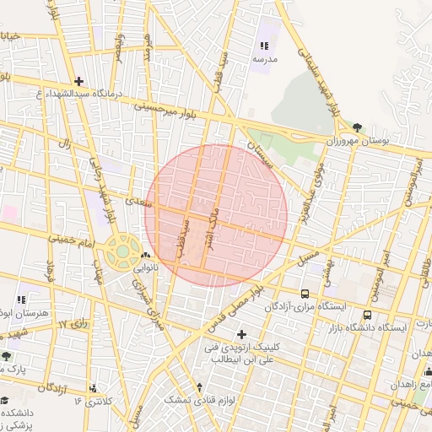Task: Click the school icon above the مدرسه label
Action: [264, 46]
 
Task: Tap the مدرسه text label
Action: [264, 60]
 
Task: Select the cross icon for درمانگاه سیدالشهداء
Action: [78, 81]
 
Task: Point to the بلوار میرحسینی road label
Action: [169, 107]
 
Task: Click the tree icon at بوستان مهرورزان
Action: [358, 127]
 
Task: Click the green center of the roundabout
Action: [123, 251]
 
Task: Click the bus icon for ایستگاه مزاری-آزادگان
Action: [305, 294]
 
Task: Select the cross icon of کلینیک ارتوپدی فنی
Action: [243, 333]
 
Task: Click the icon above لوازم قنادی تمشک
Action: [199, 387]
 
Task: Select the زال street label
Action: [63, 144]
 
